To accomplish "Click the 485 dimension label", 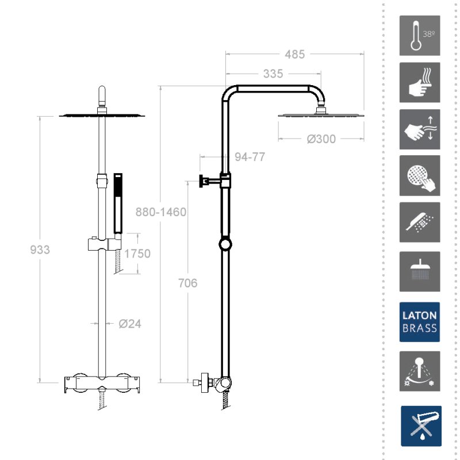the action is click(295, 54).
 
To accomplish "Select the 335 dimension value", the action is click(273, 74).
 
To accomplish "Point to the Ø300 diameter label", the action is click(321, 139).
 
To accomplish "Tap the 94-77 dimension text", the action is click(250, 157).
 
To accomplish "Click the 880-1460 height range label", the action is click(161, 212).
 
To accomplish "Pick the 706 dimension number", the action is click(188, 283).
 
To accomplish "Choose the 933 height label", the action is click(40, 250).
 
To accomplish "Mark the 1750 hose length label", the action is click(137, 254).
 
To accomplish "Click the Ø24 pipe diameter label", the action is click(130, 324).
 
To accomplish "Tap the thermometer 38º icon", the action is click(420, 36).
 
